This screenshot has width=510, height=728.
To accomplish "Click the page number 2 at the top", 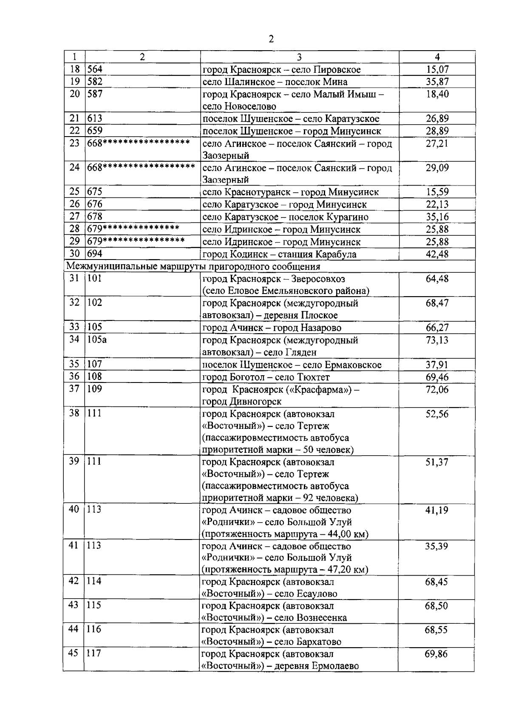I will click(x=271, y=40).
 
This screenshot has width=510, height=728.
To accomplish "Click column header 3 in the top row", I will click(x=299, y=57).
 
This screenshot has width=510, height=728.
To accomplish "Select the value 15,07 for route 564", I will click(x=437, y=69).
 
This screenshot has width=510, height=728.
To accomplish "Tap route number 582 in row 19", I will click(x=95, y=82).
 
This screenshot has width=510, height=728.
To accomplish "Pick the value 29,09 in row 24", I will click(x=437, y=168).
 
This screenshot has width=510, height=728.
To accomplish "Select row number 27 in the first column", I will click(x=75, y=217).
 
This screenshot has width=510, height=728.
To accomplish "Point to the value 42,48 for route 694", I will click(x=437, y=254).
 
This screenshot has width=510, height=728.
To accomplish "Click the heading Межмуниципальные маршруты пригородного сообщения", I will click(x=193, y=267).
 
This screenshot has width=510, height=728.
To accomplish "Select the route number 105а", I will click(x=97, y=340).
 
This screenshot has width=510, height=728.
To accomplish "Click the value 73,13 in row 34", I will click(x=437, y=340).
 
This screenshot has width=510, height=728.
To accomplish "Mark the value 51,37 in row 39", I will click(x=437, y=462).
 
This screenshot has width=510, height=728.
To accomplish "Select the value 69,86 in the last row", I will click(x=436, y=654).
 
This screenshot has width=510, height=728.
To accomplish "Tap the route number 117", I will click(x=94, y=653).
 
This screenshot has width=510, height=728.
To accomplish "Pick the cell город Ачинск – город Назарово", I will click(x=272, y=328).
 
